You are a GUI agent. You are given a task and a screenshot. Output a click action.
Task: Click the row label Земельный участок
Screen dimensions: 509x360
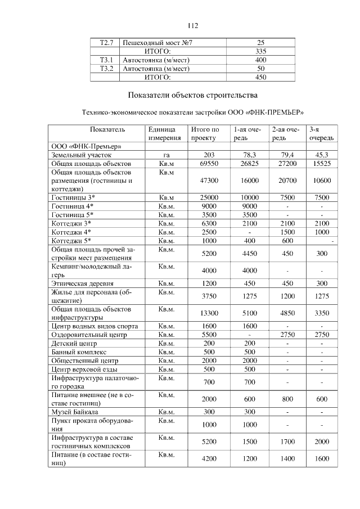coord(82,155)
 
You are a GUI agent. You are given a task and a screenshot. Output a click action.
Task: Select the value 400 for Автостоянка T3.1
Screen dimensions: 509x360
coord(260,60)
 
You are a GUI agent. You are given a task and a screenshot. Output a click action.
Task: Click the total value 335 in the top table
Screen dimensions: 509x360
coord(260,52)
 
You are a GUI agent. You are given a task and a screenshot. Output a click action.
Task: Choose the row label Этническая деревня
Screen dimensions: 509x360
coord(83,283)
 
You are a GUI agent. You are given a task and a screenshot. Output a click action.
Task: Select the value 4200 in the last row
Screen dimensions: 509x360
coord(209,459)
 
